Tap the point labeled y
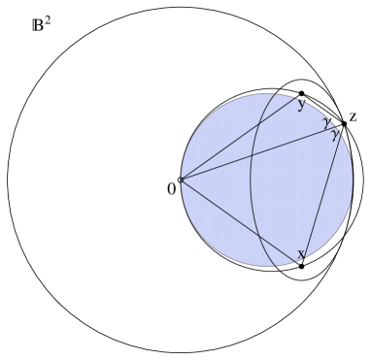click(302, 93)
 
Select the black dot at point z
click(344, 123)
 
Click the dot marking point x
click(302, 265)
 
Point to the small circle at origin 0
click(181, 179)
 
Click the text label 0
click(171, 188)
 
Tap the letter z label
click(354, 117)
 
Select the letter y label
click(302, 106)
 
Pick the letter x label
click(301, 253)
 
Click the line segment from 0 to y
click(241, 136)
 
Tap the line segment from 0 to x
click(241, 221)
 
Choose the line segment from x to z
click(323, 194)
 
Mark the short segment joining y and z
click(322, 108)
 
